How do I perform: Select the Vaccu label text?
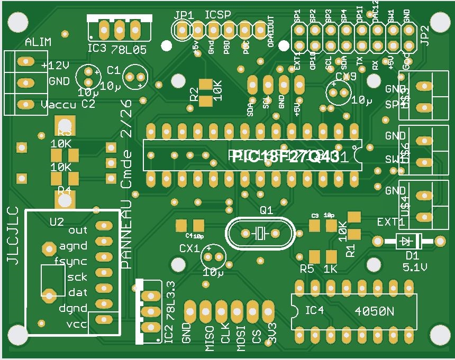click(x=58, y=105)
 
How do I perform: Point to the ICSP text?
click(x=218, y=14)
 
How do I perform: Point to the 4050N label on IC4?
click(x=374, y=311)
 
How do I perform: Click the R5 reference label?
click(x=307, y=269)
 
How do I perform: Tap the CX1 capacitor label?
click(x=189, y=248)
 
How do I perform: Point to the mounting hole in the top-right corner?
click(x=439, y=22)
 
